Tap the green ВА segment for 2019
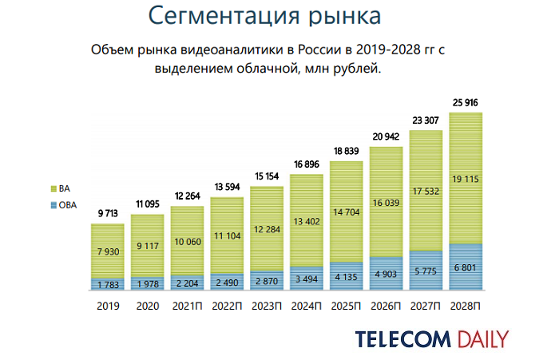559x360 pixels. tap(109, 239)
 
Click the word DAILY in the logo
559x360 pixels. tap(484, 338)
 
